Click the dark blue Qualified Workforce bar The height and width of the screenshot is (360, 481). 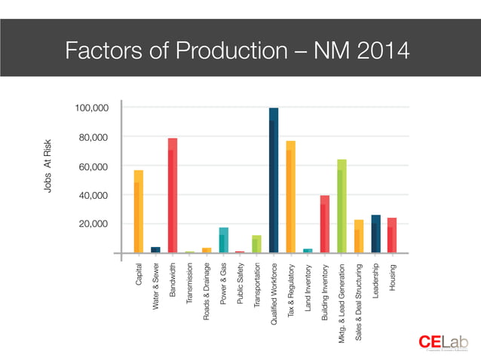(x=274, y=181)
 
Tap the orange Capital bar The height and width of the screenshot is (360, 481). (x=139, y=212)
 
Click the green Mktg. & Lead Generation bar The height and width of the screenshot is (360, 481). (x=342, y=206)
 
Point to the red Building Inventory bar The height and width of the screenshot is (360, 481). (x=325, y=224)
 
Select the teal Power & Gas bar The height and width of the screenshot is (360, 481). (x=223, y=240)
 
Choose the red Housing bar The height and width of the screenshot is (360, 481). (x=392, y=235)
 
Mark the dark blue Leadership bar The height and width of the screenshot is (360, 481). (x=375, y=234)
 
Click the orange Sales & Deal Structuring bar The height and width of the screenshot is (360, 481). (x=359, y=236)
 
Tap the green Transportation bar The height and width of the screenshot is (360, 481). (x=256, y=244)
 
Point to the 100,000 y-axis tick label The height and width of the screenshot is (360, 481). (x=92, y=108)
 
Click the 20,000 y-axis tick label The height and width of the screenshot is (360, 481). (x=95, y=224)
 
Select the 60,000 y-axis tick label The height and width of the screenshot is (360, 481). (x=95, y=166)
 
